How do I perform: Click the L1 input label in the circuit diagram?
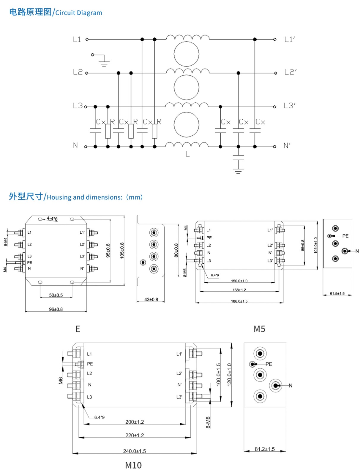click(x=77, y=39)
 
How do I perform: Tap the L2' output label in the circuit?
click(x=290, y=72)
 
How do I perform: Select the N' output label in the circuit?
click(x=287, y=146)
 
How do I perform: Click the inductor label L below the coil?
click(x=187, y=154)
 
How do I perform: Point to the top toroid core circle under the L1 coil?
click(x=187, y=54)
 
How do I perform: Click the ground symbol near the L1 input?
click(x=104, y=62)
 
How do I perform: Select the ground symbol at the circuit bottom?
click(x=238, y=171)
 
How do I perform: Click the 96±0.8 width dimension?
click(x=56, y=309)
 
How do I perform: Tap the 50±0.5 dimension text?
click(x=56, y=295)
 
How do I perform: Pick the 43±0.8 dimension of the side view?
click(x=151, y=300)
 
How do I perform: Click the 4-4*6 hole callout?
click(x=52, y=219)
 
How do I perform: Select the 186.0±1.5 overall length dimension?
click(x=239, y=301)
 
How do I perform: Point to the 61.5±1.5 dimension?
click(x=337, y=294)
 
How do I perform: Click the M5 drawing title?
click(x=259, y=329)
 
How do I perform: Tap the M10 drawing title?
click(x=133, y=465)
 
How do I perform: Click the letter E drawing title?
click(x=78, y=329)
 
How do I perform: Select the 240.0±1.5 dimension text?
click(x=135, y=451)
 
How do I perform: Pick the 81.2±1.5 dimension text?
click(x=265, y=449)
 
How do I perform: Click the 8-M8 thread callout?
click(x=208, y=422)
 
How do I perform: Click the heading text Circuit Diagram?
click(x=79, y=13)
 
